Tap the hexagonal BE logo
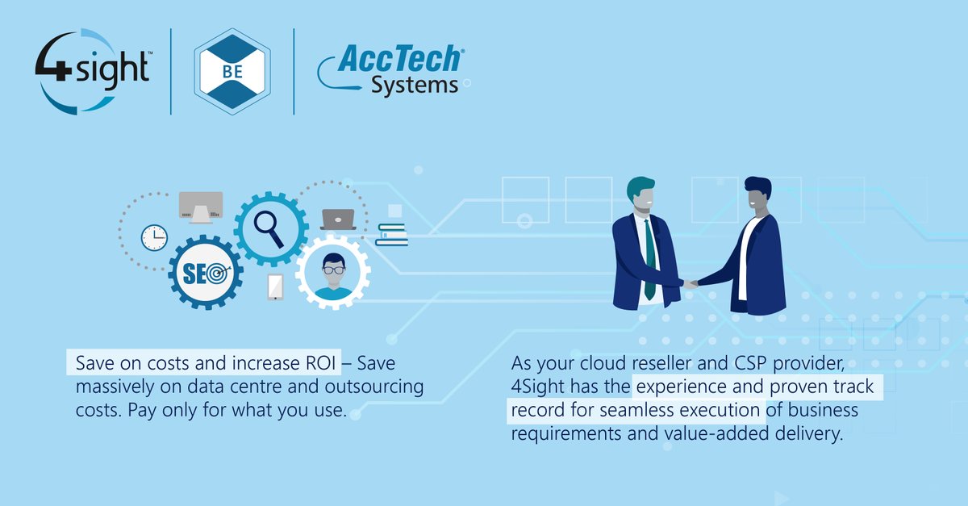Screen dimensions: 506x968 coord(232,72)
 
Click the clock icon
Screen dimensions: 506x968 coord(153,236)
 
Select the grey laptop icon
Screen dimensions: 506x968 coord(339,219)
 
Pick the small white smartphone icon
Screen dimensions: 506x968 coord(275,286)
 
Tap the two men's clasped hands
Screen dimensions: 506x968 coord(691,283)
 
